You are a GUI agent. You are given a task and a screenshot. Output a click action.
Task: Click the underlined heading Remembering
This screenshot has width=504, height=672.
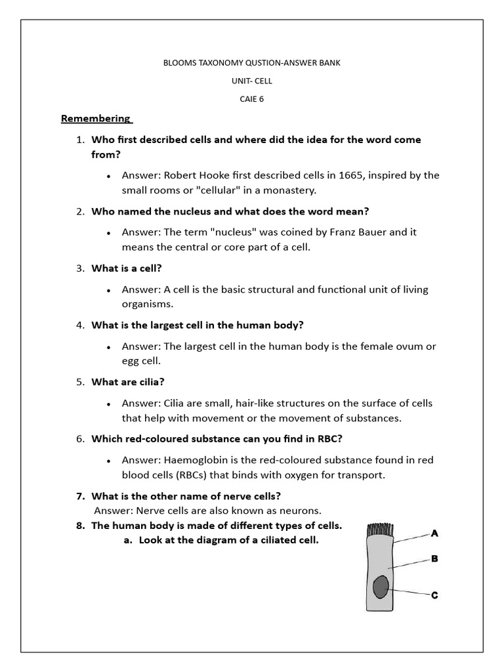pos(96,119)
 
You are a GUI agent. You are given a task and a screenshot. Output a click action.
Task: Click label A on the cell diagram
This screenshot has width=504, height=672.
pos(434,534)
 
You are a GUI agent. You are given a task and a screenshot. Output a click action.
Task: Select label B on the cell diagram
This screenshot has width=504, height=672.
pos(434,559)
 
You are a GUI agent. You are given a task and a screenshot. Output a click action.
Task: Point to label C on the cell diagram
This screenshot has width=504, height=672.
pos(434,595)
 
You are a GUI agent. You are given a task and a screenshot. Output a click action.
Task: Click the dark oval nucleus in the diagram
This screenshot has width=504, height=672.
pos(380,587)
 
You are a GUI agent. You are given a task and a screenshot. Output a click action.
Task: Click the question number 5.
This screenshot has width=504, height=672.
pos(79,382)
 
